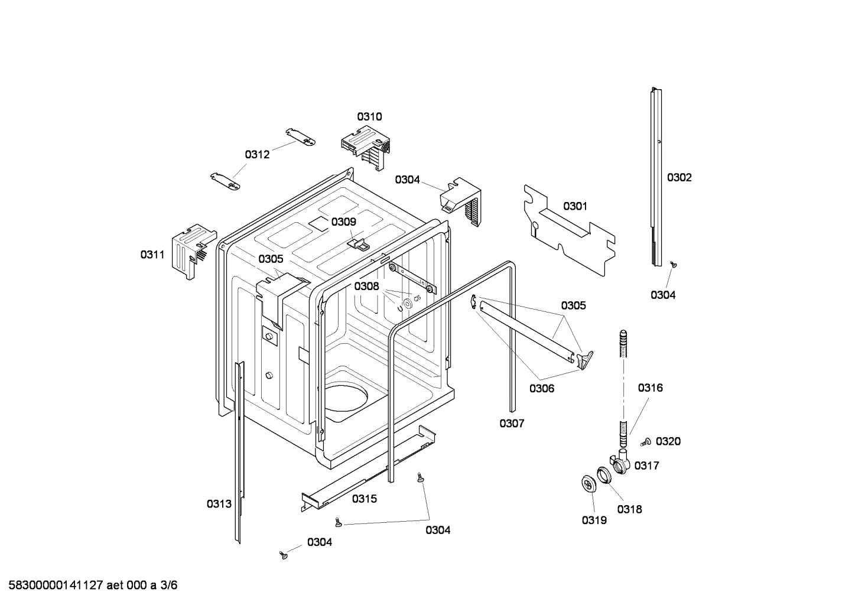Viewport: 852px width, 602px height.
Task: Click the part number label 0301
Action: (575, 206)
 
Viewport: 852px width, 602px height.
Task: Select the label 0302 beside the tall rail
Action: (679, 177)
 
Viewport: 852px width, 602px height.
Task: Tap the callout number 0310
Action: (369, 116)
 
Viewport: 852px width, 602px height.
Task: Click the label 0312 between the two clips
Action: (257, 155)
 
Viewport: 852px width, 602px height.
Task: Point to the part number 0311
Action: (152, 255)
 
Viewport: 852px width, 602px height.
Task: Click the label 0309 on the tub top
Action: (343, 222)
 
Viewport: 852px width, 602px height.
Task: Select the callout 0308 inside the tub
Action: (366, 286)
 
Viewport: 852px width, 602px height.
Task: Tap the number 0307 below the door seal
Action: (512, 423)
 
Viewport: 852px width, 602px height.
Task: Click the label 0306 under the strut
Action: (541, 388)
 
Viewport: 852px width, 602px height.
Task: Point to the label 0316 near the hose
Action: (650, 388)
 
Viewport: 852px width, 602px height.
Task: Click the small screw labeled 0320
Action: (646, 441)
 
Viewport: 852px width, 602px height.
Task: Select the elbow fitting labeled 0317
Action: (619, 461)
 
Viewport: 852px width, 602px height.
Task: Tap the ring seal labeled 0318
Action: (604, 475)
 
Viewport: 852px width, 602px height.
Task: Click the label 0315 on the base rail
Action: (365, 499)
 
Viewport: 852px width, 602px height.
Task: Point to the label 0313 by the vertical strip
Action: (219, 504)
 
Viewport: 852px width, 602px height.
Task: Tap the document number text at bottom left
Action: (89, 585)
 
